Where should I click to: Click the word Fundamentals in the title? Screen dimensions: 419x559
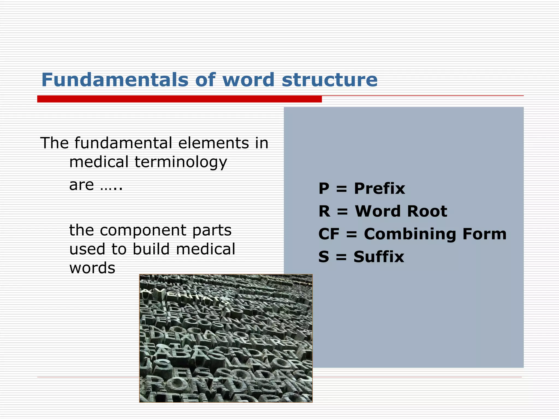click(x=115, y=80)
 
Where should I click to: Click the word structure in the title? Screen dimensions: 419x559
click(x=329, y=80)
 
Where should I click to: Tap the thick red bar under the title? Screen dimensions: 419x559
click(x=179, y=99)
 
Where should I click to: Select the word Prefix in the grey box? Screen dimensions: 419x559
click(x=379, y=188)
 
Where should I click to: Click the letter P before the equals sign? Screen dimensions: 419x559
click(x=324, y=188)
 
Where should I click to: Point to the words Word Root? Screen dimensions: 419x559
click(x=401, y=211)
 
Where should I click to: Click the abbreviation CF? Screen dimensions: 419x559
click(x=329, y=234)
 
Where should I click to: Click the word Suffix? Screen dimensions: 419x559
click(x=379, y=257)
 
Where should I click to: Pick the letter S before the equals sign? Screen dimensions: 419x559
click(x=324, y=257)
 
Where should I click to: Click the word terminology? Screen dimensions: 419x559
click(x=181, y=162)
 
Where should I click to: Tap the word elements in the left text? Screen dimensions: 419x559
click(x=213, y=143)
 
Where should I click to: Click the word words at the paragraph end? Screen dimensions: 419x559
click(x=92, y=268)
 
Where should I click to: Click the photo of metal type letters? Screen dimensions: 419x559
click(x=226, y=338)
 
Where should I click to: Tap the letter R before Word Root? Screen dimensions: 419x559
click(x=324, y=211)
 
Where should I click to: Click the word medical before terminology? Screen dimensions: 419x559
click(x=99, y=162)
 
